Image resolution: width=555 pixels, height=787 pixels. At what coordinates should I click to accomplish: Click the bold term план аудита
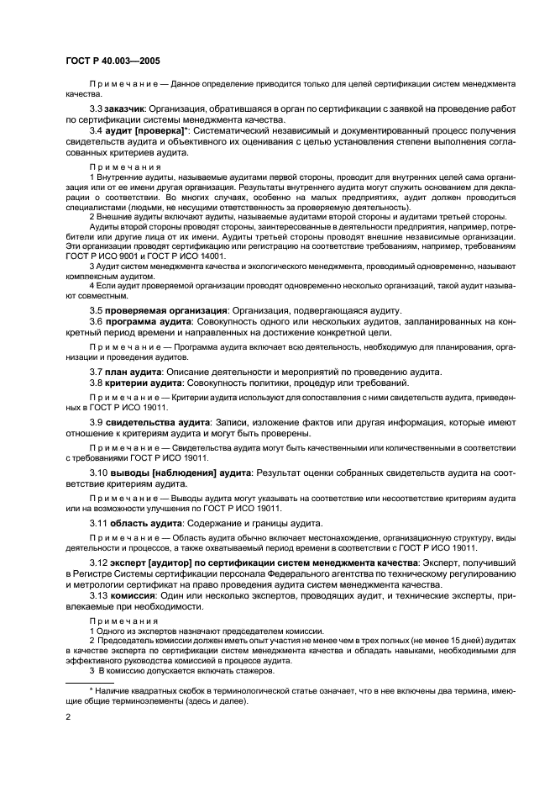pos(137,372)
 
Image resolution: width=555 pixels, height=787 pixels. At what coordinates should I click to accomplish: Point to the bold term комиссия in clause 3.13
pos(133,607)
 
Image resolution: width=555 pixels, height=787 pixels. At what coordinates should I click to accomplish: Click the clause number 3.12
pos(99,562)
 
